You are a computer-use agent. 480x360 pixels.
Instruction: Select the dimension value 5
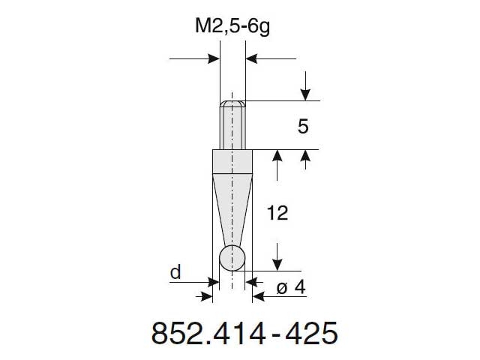pyautogui.click(x=303, y=127)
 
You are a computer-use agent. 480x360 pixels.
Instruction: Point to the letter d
pyautogui.click(x=175, y=273)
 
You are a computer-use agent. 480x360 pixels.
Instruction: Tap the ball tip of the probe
pyautogui.click(x=232, y=257)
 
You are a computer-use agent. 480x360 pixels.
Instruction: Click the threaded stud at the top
pyautogui.click(x=232, y=124)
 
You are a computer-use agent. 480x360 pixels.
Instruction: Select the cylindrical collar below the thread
pyautogui.click(x=232, y=161)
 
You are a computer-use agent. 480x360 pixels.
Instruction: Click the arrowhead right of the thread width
pyautogui.click(x=252, y=58)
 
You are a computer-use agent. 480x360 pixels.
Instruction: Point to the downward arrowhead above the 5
pyautogui.click(x=304, y=94)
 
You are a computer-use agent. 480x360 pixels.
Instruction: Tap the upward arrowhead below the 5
pyautogui.click(x=304, y=156)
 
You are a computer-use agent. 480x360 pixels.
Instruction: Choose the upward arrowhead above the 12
pyautogui.click(x=278, y=156)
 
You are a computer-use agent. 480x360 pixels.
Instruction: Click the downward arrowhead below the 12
pyautogui.click(x=278, y=264)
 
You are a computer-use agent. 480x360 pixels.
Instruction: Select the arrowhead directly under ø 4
pyautogui.click(x=259, y=296)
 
